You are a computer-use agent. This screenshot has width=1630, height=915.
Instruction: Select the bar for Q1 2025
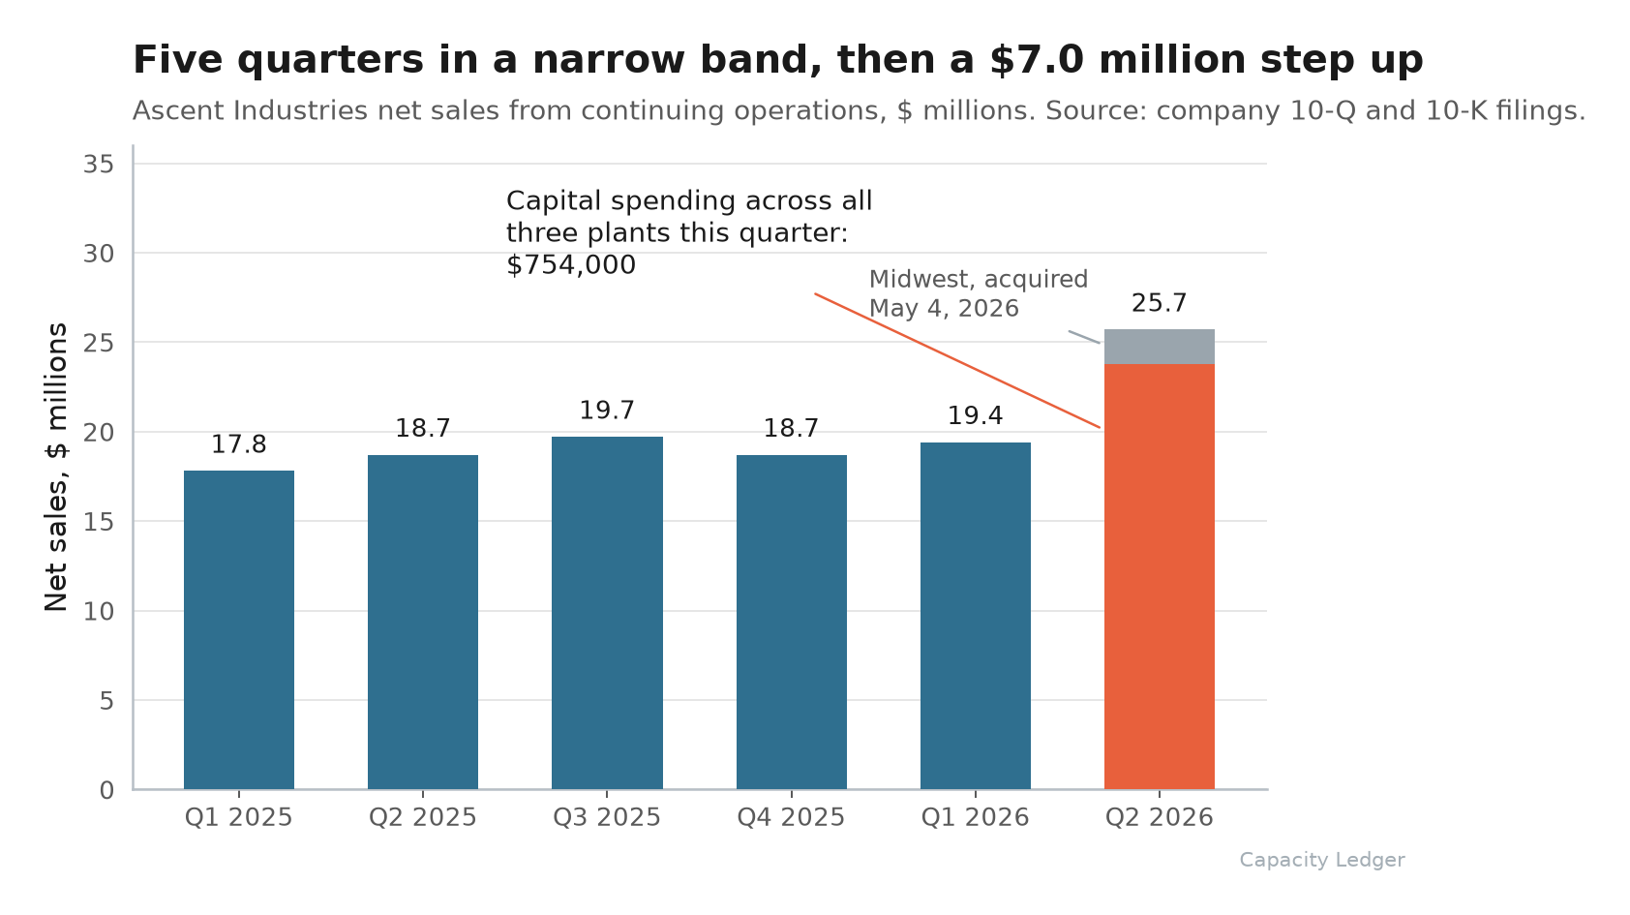click(239, 629)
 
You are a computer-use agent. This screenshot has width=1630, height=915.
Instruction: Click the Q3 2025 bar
click(607, 613)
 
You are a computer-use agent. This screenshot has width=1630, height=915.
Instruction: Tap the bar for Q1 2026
click(975, 616)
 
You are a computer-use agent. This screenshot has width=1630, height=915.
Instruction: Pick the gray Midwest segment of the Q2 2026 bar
click(1160, 347)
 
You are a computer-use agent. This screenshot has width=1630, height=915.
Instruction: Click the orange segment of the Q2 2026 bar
click(1160, 576)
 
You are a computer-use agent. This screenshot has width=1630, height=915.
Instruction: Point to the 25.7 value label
click(1160, 303)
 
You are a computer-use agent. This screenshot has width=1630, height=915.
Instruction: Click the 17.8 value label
click(239, 444)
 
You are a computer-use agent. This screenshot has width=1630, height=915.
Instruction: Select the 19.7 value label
click(607, 411)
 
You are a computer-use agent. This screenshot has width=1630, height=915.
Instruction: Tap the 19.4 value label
click(975, 415)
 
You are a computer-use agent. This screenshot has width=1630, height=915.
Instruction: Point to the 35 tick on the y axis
click(98, 165)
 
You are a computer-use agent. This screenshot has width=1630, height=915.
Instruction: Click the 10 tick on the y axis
click(98, 612)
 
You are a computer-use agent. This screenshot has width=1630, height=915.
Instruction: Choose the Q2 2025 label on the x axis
click(423, 817)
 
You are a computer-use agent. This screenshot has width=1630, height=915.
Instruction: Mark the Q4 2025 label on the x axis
click(791, 817)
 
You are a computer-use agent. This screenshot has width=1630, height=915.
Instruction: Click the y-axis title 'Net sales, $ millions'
click(56, 467)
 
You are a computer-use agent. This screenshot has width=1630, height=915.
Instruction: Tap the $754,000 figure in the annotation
click(571, 265)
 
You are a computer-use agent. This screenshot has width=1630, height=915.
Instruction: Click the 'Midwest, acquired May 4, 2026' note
click(979, 293)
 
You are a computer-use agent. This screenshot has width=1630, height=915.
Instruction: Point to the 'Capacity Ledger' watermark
click(1322, 860)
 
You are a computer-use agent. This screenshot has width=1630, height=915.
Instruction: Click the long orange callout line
click(957, 360)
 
